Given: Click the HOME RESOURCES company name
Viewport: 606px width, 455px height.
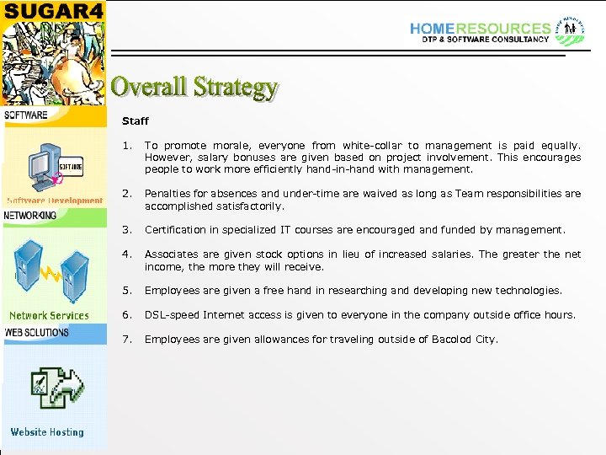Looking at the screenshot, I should click(x=480, y=29).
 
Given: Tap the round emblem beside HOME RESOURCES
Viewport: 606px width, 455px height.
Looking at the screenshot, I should click(x=572, y=29).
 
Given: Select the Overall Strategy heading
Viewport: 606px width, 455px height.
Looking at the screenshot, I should click(x=194, y=87).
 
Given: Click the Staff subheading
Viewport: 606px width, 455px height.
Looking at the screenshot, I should click(x=135, y=121).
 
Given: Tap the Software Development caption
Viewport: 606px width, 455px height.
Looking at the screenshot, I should click(x=55, y=201).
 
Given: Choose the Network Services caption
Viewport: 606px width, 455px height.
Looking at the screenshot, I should click(x=49, y=316).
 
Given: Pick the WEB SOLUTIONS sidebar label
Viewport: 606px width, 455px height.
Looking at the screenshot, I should click(x=37, y=332).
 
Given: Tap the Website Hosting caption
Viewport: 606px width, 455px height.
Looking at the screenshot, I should click(x=47, y=432).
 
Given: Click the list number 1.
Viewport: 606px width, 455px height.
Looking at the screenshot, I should click(x=126, y=146).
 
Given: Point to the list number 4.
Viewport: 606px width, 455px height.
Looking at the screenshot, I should click(x=126, y=254).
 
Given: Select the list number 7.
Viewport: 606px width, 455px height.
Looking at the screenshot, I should click(x=126, y=340).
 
